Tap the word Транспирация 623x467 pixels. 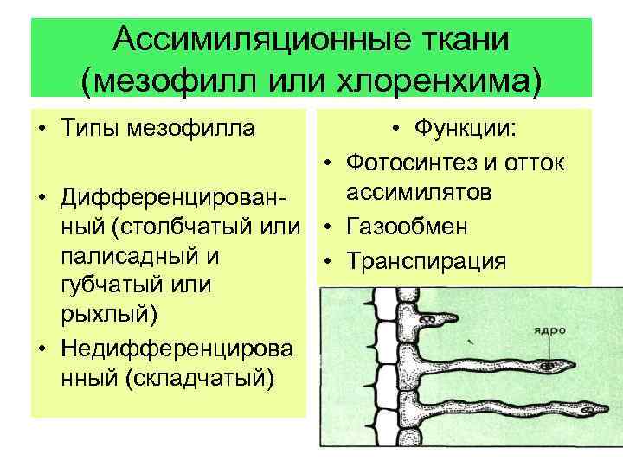[x=426, y=261]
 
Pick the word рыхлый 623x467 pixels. [x=105, y=315]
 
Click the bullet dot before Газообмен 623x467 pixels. [x=331, y=228]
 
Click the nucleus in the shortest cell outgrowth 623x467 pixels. [x=427, y=318]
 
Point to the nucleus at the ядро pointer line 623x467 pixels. [x=550, y=367]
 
